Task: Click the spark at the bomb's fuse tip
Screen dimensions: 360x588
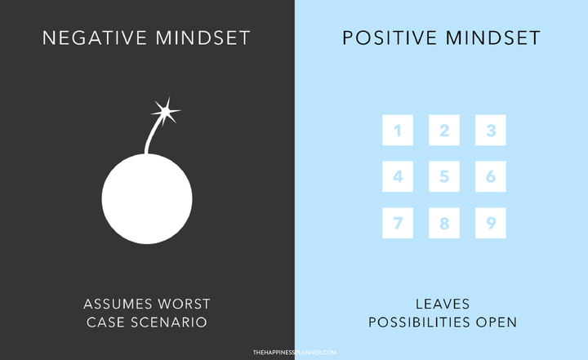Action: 166,109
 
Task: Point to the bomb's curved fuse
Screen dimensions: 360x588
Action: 153,133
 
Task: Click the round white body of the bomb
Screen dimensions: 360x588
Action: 147,198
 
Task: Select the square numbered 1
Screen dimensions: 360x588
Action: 398,130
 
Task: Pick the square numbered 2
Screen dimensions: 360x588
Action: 444,130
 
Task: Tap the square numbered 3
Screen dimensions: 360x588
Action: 491,130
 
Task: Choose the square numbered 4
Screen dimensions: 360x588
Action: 398,176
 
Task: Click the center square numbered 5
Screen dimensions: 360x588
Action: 444,176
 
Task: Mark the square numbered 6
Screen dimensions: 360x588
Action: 491,176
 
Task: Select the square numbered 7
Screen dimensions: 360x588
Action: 398,223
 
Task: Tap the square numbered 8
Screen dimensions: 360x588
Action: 444,223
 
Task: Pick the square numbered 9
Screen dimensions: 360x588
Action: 491,223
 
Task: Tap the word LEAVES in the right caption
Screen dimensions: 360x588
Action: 443,304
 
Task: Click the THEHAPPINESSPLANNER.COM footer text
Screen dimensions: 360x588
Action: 294,353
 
